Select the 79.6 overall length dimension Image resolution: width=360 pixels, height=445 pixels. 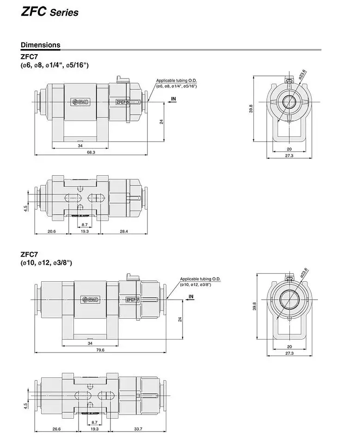coord(99,350)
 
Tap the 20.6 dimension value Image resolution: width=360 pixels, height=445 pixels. coord(51,231)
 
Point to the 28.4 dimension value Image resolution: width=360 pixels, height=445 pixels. coord(124,231)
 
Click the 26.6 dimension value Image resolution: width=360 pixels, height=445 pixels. coord(56,429)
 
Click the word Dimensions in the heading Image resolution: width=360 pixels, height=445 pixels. coord(40,45)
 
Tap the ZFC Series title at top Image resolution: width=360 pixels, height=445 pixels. coord(49,12)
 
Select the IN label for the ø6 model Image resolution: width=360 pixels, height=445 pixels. coord(173,99)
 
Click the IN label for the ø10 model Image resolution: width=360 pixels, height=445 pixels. coord(191,296)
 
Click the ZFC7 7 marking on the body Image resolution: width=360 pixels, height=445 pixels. coord(133,299)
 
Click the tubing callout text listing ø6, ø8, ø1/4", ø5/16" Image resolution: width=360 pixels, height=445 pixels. coord(176,83)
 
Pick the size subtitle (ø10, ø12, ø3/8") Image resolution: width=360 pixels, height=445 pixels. coord(46,263)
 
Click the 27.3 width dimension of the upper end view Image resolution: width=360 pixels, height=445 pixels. coord(289,156)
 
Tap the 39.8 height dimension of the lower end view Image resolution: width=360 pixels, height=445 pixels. coord(254,306)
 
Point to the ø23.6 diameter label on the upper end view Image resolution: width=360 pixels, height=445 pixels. coord(302,74)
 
